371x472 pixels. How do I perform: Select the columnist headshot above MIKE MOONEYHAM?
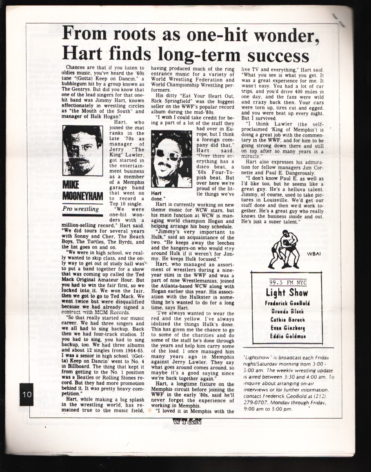click(x=82, y=150)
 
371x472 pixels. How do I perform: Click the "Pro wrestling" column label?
click(x=81, y=209)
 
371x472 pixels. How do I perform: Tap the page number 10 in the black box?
click(x=27, y=394)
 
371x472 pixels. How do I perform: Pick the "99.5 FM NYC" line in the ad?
click(x=293, y=282)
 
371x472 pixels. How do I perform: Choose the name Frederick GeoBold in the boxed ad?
click(x=293, y=304)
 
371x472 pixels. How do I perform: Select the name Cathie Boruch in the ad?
click(x=293, y=320)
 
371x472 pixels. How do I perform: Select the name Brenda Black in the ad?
click(x=293, y=312)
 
